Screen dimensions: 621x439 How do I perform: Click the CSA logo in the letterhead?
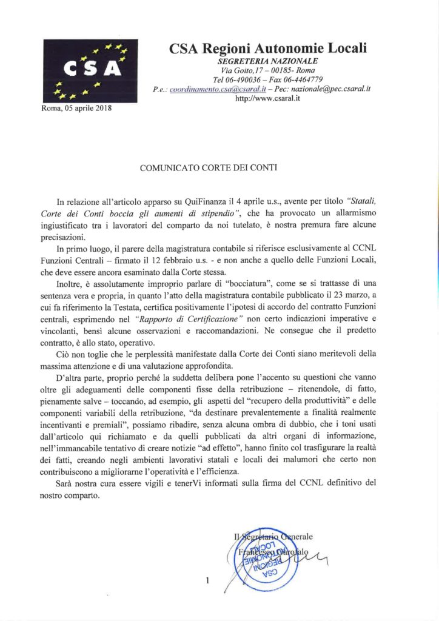click(90, 70)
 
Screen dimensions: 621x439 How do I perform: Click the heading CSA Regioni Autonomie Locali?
click(269, 48)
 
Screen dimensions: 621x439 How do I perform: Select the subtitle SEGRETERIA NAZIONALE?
click(267, 61)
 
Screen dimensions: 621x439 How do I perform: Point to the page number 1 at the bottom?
click(207, 582)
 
